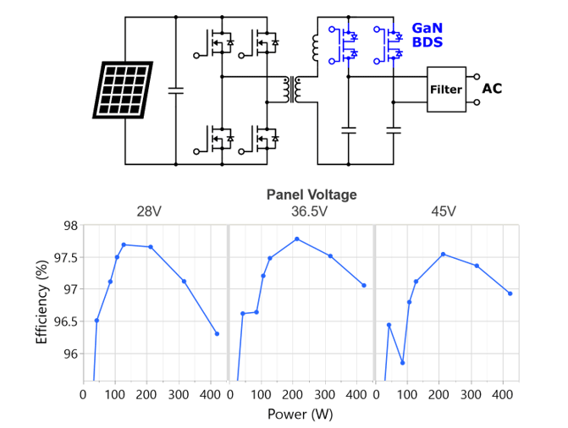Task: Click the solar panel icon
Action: pos(124,89)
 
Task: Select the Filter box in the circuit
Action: pos(446,89)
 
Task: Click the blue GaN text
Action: pos(427,27)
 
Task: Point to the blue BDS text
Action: pos(427,41)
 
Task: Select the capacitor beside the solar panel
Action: pos(176,89)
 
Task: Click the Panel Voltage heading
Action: pos(312,195)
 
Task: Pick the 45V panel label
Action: pos(445,211)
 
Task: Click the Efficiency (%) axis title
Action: pos(41,303)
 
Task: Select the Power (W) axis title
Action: pos(299,414)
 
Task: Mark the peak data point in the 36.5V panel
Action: pos(297,239)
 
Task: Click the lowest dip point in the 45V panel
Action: pos(402,363)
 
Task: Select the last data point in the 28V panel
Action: pos(217,333)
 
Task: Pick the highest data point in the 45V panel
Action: pos(443,254)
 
